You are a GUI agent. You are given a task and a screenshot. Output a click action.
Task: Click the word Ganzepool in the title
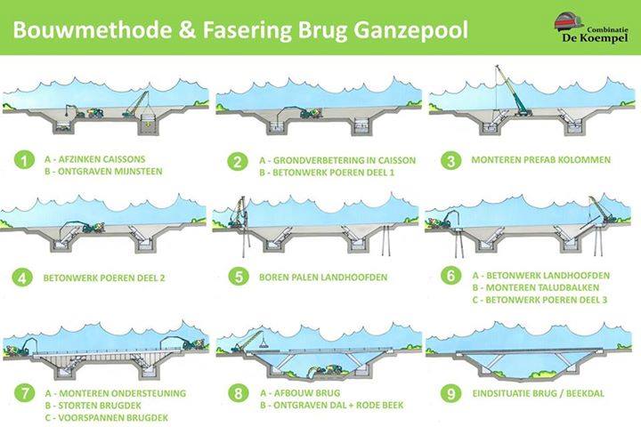point(410,30)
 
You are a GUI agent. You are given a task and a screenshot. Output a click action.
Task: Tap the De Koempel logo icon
point(569,21)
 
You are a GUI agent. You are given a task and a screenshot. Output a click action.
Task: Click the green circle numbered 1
point(24,159)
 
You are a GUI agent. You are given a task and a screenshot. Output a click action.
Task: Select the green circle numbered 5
point(238,277)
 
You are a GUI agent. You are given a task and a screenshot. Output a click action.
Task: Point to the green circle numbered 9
point(451,393)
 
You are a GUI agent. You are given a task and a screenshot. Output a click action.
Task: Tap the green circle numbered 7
point(24,393)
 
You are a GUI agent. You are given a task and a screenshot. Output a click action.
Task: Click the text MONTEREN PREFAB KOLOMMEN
point(541,160)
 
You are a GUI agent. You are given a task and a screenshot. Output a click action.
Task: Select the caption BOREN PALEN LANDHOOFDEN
point(323,278)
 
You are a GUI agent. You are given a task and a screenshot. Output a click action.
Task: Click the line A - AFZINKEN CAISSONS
point(95,159)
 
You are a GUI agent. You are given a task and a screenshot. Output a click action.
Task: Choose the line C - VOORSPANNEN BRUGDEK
point(107,417)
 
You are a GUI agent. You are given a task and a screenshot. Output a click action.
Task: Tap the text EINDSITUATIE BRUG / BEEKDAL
point(538,393)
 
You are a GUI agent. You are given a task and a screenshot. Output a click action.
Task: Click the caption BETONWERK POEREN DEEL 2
point(104,278)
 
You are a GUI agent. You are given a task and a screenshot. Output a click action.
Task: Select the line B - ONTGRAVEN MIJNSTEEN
point(103,171)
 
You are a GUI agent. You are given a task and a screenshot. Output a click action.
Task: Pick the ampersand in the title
point(187,30)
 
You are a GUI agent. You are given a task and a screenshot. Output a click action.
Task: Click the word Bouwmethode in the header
point(93,30)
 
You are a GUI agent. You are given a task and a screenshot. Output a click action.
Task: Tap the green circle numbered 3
point(450,161)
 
